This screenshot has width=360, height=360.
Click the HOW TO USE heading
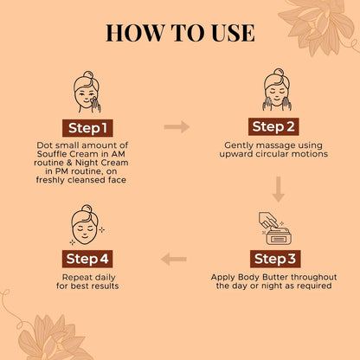[x=180, y=33]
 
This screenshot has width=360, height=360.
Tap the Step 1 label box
[x=87, y=128]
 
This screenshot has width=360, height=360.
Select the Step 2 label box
[x=273, y=126]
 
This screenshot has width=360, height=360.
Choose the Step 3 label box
[x=275, y=259]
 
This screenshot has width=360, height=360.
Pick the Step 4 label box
[x=87, y=259]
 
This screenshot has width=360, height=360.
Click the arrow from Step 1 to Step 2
[x=177, y=127]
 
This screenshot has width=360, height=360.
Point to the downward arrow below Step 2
[x=279, y=190]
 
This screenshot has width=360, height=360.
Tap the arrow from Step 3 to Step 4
[x=174, y=259]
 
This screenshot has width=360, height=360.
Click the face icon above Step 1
[x=87, y=92]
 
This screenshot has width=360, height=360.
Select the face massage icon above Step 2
[x=277, y=90]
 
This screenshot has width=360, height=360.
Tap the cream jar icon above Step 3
[x=275, y=228]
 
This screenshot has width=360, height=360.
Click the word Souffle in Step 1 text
[x=52, y=154]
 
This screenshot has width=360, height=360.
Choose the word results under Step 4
[x=105, y=286]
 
